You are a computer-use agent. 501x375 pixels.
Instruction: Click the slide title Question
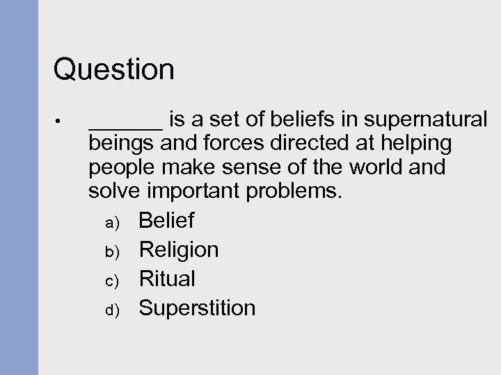[x=114, y=69]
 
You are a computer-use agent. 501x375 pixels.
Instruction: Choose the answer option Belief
[x=166, y=222]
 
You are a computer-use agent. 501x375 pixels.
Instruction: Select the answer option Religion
[x=179, y=250]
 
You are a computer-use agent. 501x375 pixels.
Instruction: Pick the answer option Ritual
[x=167, y=278]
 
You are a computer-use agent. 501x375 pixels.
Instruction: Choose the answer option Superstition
[x=197, y=308]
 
